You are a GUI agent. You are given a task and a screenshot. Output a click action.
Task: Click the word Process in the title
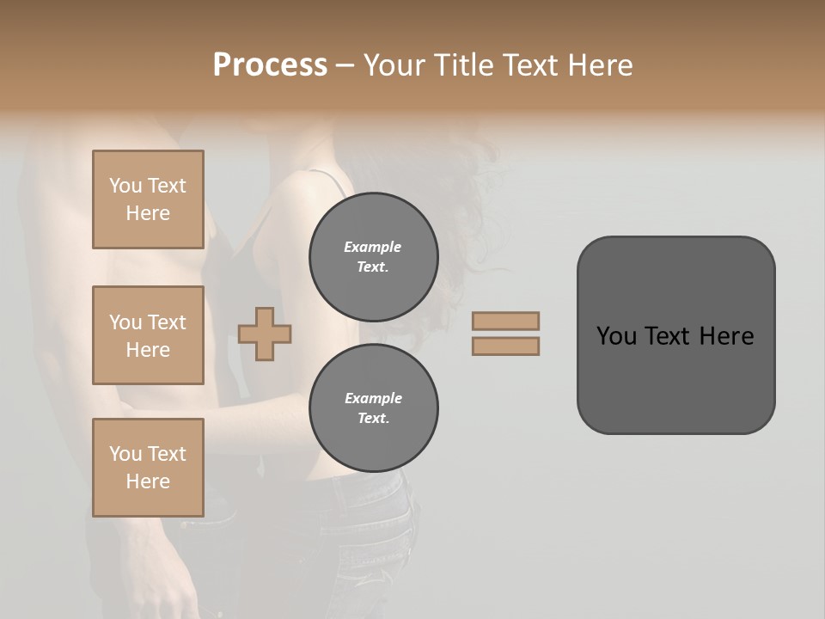pyautogui.click(x=270, y=65)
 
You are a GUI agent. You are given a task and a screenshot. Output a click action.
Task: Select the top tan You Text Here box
pyautogui.click(x=148, y=199)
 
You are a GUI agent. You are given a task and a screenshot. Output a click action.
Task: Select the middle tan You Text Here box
pyautogui.click(x=148, y=335)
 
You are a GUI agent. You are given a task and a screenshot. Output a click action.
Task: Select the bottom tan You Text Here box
pyautogui.click(x=148, y=467)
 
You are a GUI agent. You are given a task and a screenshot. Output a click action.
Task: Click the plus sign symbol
pyautogui.click(x=265, y=334)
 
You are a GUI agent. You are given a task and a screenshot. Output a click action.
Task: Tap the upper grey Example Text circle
pyautogui.click(x=374, y=256)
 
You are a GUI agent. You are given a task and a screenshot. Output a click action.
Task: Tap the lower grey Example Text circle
pyautogui.click(x=374, y=408)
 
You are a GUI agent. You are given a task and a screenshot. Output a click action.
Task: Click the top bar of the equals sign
pyautogui.click(x=505, y=321)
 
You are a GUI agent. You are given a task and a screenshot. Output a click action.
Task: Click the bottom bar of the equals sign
pyautogui.click(x=505, y=346)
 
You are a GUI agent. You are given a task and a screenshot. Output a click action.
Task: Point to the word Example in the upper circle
pyautogui.click(x=372, y=247)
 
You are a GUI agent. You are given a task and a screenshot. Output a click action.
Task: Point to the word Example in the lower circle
pyautogui.click(x=373, y=398)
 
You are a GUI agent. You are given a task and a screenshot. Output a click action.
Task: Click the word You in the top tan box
pyautogui.click(x=125, y=186)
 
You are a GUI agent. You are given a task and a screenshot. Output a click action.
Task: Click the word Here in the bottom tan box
pyautogui.click(x=148, y=481)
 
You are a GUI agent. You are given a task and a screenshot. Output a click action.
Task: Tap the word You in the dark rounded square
pyautogui.click(x=615, y=336)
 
